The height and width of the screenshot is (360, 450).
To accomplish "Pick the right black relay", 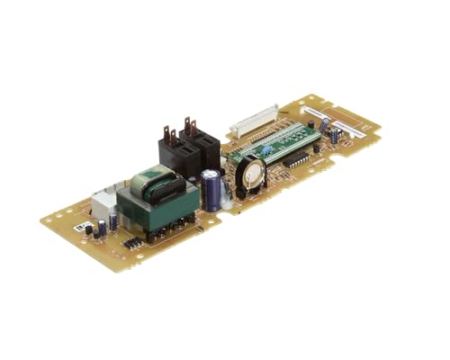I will tap(198, 145).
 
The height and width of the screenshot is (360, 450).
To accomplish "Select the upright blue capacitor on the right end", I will tap(335, 136).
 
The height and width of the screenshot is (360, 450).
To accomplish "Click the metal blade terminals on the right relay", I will tap(188, 124).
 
